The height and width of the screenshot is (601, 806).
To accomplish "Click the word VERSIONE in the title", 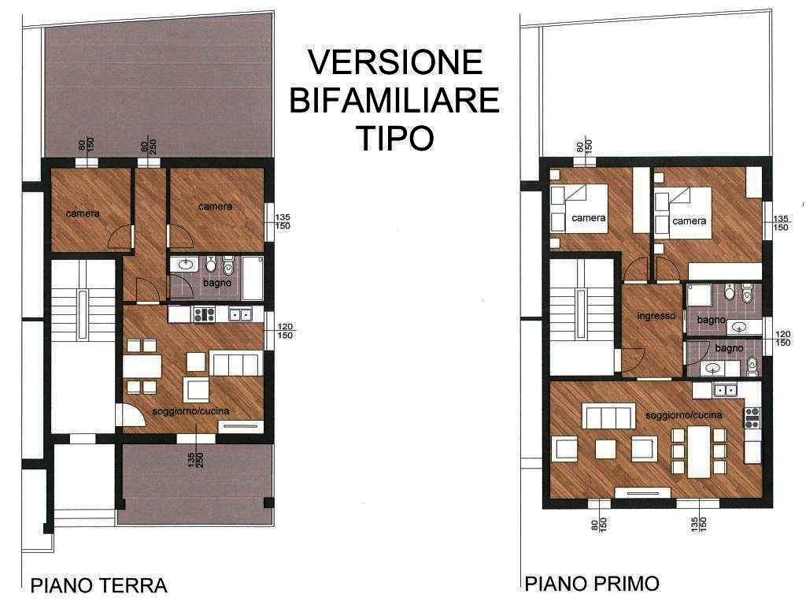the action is click(x=395, y=61).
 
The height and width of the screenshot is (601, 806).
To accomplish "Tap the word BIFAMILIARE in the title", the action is click(x=394, y=100).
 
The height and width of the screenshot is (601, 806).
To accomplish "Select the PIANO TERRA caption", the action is click(x=99, y=585).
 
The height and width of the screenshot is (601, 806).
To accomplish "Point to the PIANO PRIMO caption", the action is click(x=592, y=584).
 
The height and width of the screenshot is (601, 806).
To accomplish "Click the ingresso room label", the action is click(x=656, y=315).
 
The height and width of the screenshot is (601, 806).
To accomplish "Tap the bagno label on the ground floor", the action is click(x=217, y=283).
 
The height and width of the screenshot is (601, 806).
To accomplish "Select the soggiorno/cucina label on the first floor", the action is click(x=684, y=415).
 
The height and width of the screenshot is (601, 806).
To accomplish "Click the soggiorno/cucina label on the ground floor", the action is click(x=190, y=410).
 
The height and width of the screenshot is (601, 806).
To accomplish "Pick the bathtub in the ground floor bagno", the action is click(x=253, y=279).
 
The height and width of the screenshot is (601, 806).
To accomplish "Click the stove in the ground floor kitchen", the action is click(x=204, y=314).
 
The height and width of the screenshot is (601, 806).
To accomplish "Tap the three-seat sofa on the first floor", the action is click(x=607, y=416).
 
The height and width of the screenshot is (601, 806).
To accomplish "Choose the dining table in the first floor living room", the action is click(x=699, y=452).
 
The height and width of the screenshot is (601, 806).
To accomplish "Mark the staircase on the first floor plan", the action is click(x=581, y=316).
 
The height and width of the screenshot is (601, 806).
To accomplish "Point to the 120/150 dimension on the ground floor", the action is click(x=285, y=331).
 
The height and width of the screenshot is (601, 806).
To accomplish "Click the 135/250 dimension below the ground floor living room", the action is click(x=196, y=459).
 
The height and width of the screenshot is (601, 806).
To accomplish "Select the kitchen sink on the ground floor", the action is click(x=240, y=314).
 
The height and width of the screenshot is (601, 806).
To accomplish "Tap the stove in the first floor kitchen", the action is click(x=752, y=417).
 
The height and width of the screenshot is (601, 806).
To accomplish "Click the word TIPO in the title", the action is click(x=395, y=137).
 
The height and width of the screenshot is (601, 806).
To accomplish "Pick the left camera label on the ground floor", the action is click(x=83, y=213).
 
